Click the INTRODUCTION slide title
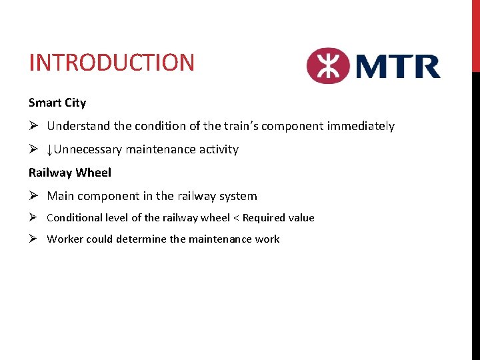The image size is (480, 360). point(111,63)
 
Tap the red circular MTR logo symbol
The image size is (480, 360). point(328,65)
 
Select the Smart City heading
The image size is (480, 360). point(57,103)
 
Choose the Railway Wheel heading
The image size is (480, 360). point(70,173)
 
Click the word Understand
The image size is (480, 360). point(76,126)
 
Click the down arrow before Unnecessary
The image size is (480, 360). point(51,149)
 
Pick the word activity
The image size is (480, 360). point(217,149)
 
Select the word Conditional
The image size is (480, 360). point(75,218)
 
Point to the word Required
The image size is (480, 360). point(265,218)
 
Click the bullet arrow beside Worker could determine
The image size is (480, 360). point(33,239)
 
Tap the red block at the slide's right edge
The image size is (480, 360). point(475,35)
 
